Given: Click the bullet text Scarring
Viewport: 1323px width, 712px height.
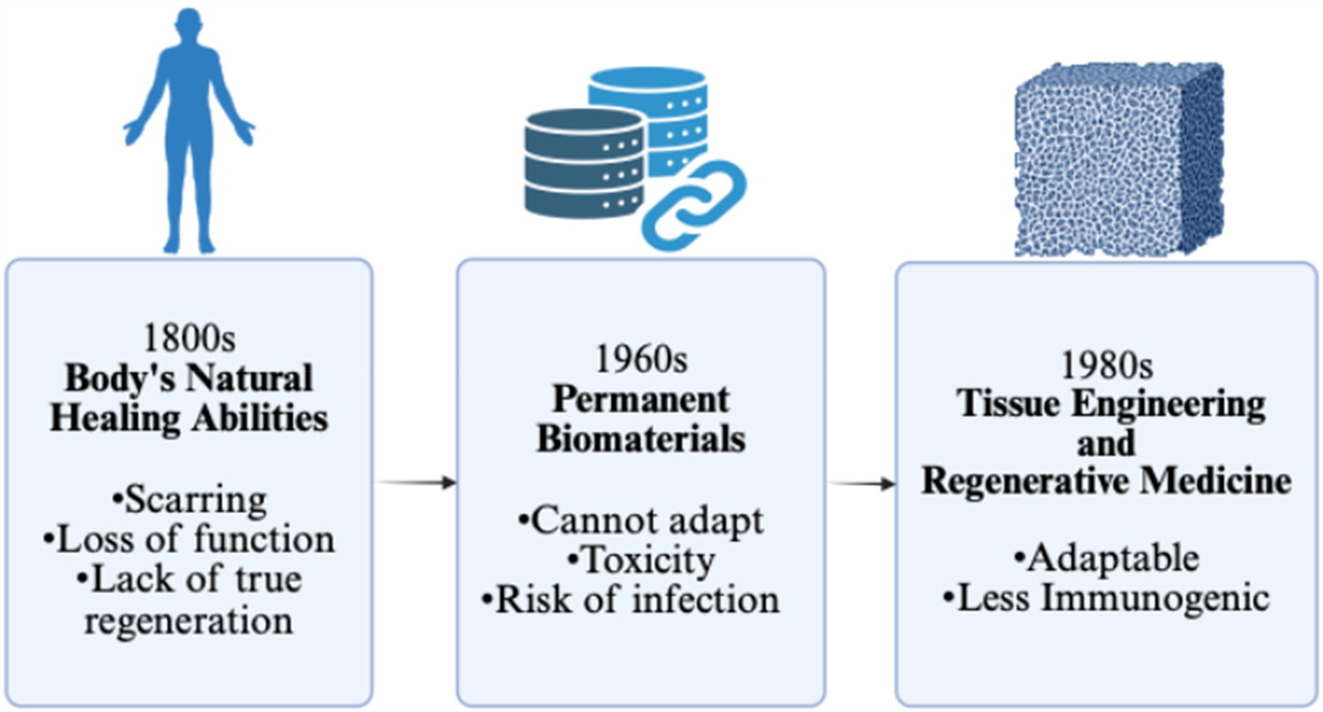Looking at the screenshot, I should pyautogui.click(x=189, y=500).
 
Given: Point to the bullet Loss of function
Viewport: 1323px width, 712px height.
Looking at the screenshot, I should pyautogui.click(x=189, y=538).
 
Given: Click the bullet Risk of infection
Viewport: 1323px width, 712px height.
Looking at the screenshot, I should pyautogui.click(x=632, y=600).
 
